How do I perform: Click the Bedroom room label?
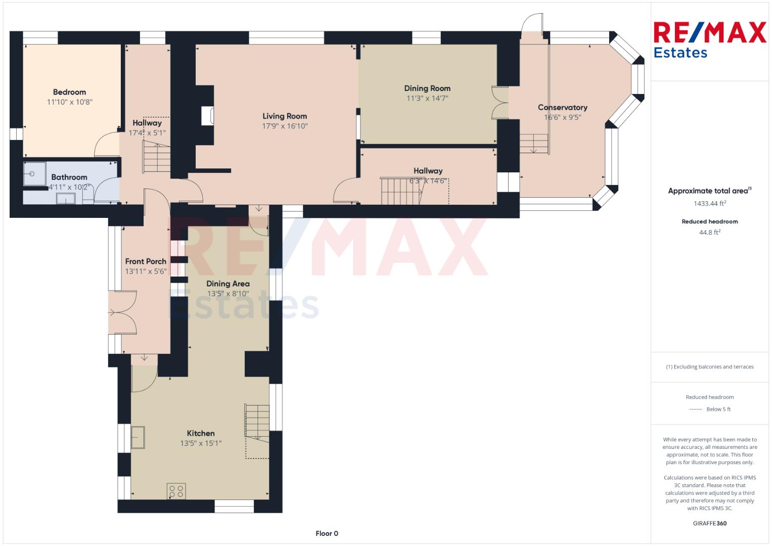[69, 92]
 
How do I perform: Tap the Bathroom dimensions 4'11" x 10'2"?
[69, 187]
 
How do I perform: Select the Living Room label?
[285, 116]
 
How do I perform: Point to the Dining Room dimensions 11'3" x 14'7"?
[427, 98]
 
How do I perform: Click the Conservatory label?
[563, 108]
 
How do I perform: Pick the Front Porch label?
[146, 261]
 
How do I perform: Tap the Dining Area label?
[228, 284]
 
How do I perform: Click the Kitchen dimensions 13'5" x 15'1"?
[201, 443]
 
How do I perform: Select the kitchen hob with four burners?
[176, 491]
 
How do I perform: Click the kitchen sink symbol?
[138, 437]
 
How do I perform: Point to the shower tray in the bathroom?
[34, 174]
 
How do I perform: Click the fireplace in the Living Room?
[207, 116]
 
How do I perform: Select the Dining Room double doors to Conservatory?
[499, 103]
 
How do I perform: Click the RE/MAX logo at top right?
[710, 39]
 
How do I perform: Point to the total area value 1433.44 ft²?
[710, 203]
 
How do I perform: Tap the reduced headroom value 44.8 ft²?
[710, 233]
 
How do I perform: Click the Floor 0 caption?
[327, 533]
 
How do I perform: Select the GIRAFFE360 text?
[710, 523]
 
